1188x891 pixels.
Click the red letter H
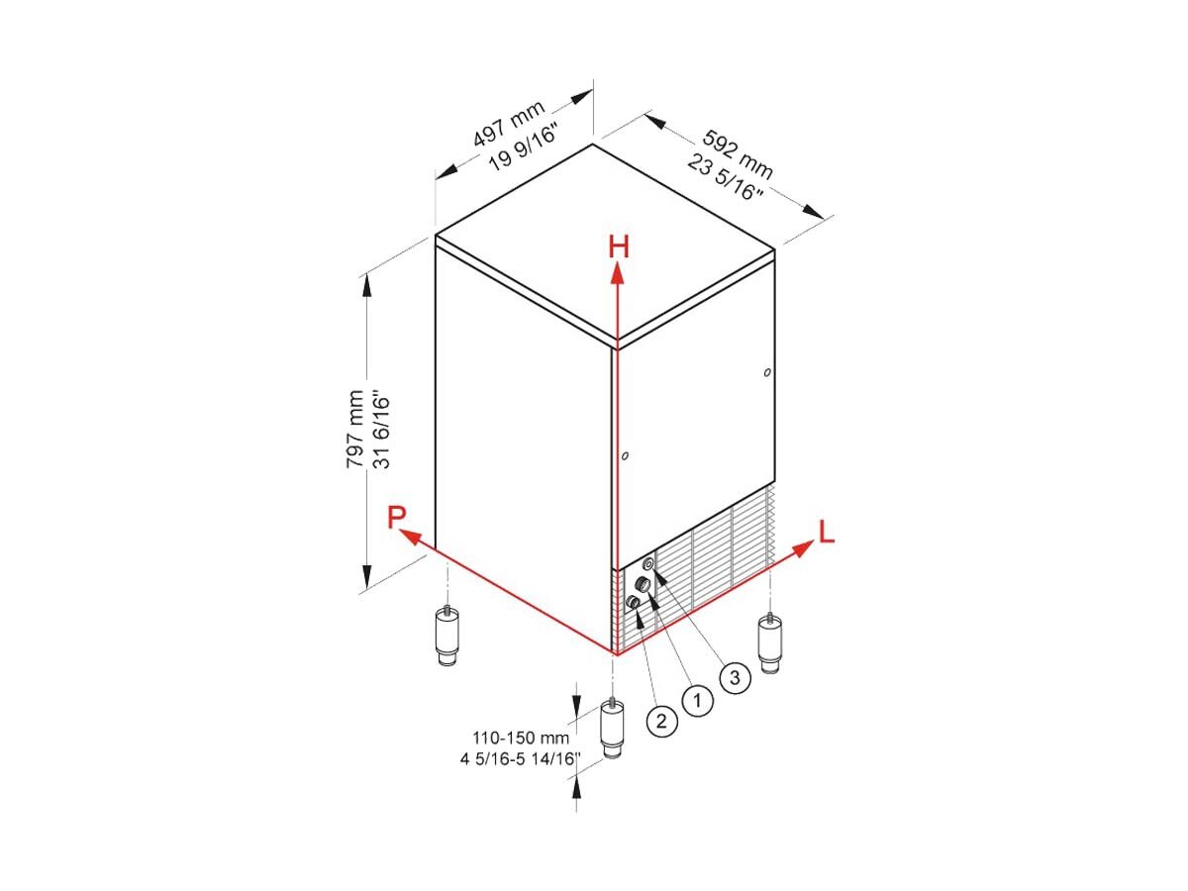[618, 247]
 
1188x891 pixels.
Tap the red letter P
[396, 517]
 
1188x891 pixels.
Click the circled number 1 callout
[697, 701]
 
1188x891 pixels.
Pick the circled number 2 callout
[661, 721]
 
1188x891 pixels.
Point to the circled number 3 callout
[735, 678]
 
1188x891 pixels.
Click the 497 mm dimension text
[509, 124]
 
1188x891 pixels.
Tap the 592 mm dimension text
[738, 154]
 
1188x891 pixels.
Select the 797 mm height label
[355, 429]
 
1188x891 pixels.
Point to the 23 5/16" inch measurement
[726, 176]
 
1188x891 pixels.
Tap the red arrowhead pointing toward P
[411, 538]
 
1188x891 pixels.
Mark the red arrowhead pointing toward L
[802, 548]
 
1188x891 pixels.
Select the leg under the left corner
[447, 636]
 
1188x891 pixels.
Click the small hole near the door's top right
[767, 372]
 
